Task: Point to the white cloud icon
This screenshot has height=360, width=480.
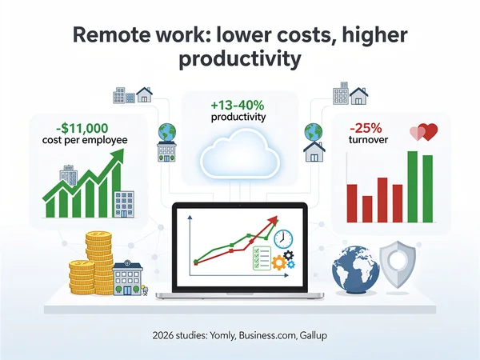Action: [239, 155]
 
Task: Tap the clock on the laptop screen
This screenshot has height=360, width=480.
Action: [283, 238]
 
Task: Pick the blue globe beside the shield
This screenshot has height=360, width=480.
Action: [356, 270]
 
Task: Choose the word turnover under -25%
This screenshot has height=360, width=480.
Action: [369, 141]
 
